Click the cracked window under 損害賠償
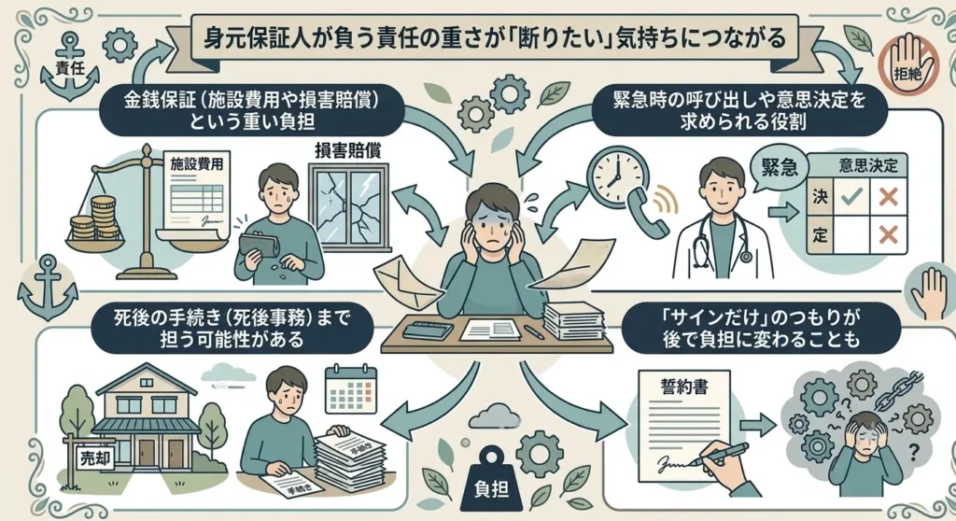[349, 207]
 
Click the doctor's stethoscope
[723, 241]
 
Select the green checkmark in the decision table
[851, 196]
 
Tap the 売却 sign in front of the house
[95, 457]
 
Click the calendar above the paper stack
[350, 388]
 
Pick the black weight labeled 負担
[491, 478]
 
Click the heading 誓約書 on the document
[684, 387]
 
